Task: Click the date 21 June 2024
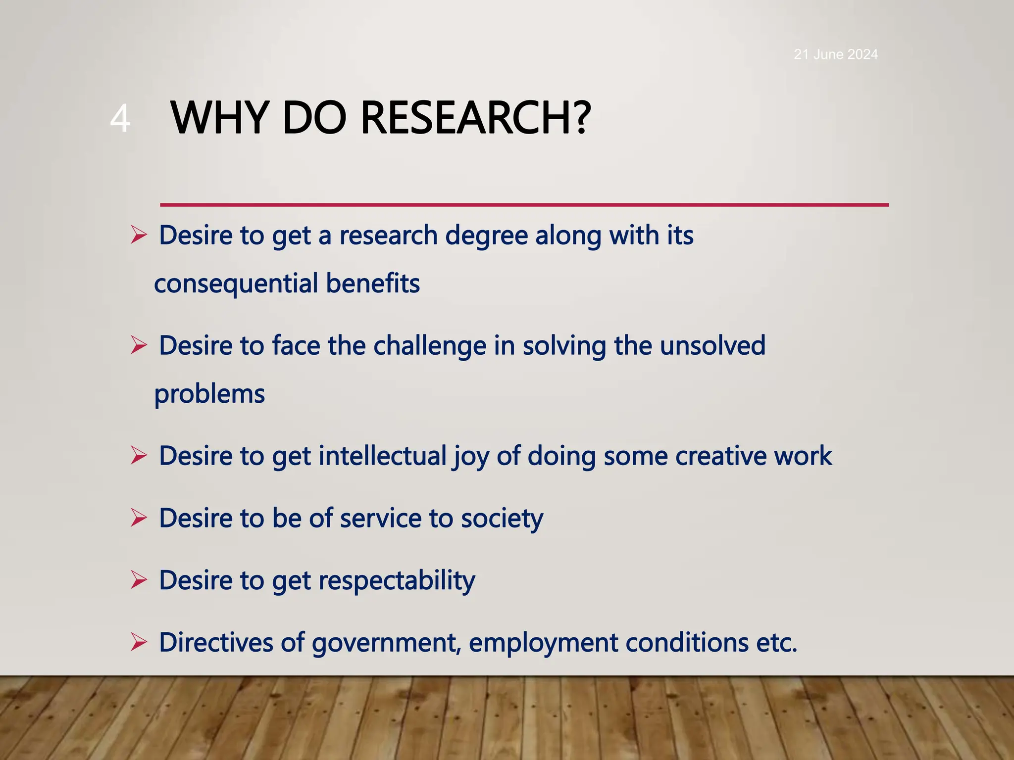[835, 54]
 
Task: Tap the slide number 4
[120, 119]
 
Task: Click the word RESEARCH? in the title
[475, 118]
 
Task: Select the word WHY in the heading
[220, 118]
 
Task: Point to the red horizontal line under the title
[524, 204]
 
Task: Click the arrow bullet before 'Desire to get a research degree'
[139, 235]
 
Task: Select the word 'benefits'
[373, 284]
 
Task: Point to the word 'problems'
[209, 394]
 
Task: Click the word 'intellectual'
[382, 456]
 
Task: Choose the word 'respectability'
[396, 580]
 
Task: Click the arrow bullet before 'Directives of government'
[139, 642]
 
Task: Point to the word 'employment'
[543, 643]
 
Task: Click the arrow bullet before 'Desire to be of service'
[139, 518]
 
